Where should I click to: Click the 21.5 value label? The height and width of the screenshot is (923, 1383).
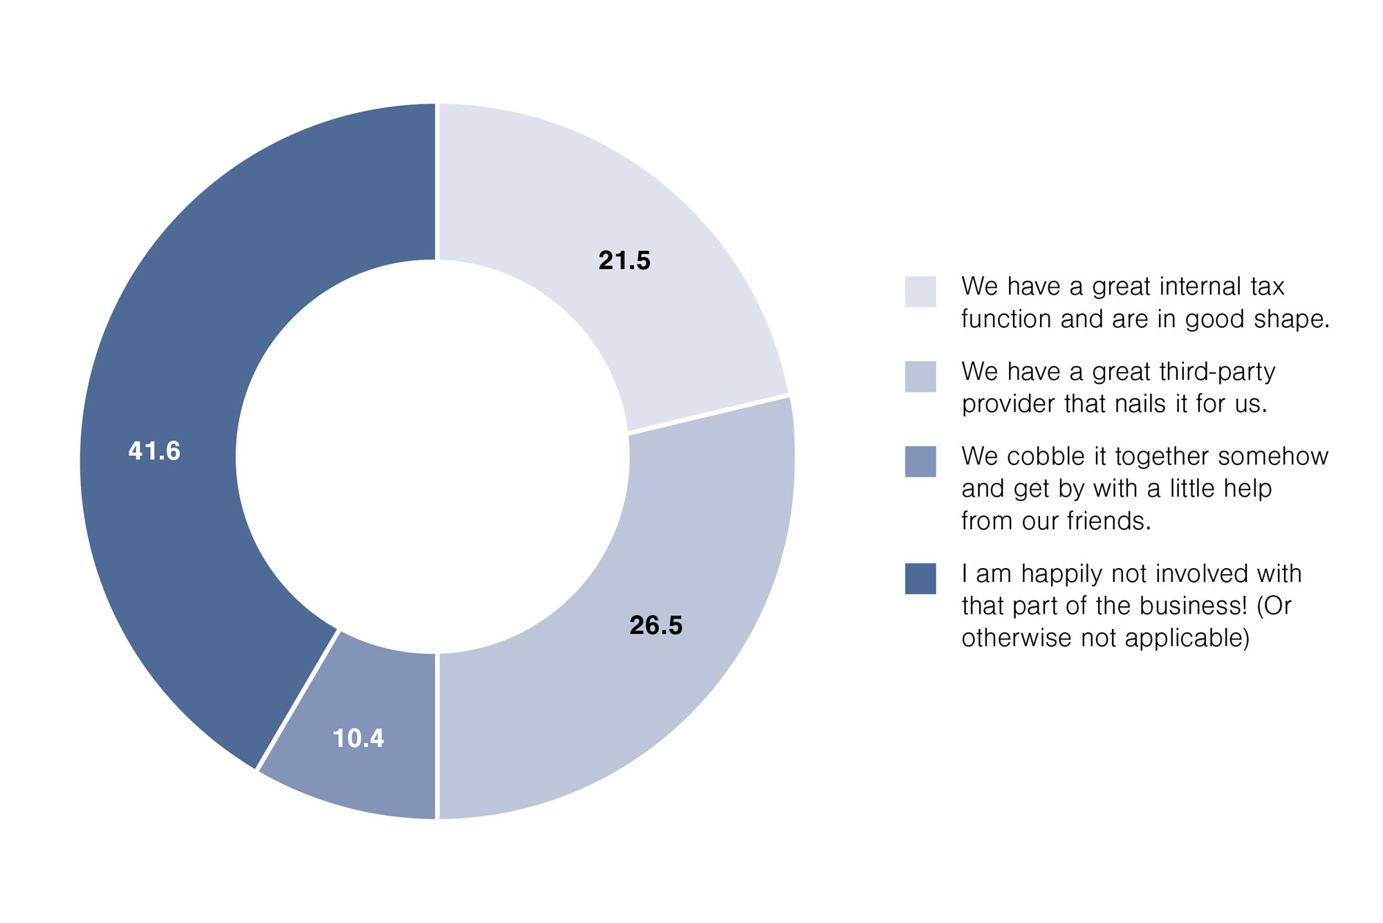point(624,261)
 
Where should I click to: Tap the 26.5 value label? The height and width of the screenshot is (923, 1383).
point(656,625)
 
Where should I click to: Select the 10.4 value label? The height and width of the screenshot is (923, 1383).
point(358,738)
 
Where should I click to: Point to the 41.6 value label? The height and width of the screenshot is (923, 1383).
point(154,451)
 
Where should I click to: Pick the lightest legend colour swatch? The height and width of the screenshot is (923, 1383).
point(920,291)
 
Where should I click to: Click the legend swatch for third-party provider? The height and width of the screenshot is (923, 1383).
point(920,376)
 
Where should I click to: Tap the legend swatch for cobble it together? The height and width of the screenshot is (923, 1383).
point(920,461)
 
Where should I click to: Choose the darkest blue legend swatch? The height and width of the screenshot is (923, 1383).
point(920,578)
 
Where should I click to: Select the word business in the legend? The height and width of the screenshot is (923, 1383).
point(1193,606)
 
